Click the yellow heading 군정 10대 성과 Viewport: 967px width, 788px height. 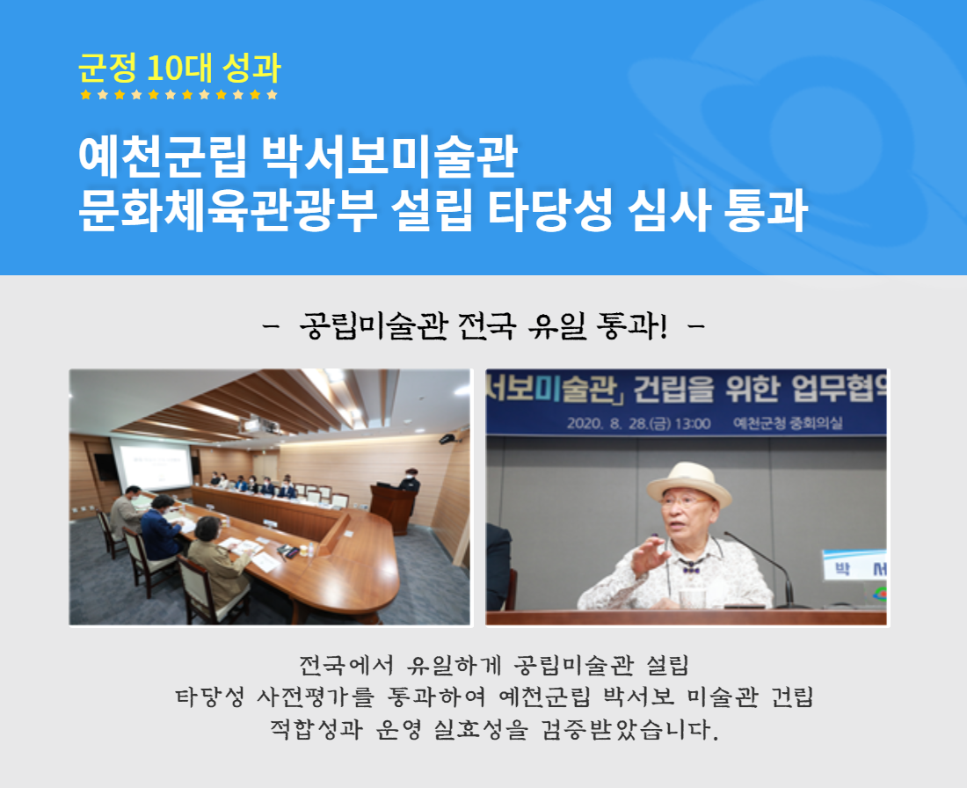pos(179,68)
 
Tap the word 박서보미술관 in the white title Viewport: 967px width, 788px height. pos(389,157)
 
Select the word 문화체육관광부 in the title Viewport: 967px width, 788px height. pos(228,210)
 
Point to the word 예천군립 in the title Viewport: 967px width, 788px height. pos(163,157)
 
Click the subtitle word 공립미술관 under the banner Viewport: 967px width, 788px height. pos(373,325)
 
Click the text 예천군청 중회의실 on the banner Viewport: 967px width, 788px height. pos(788,423)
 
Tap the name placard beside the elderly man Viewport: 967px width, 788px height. pos(854,565)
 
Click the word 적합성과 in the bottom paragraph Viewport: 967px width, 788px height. pos(316,729)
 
